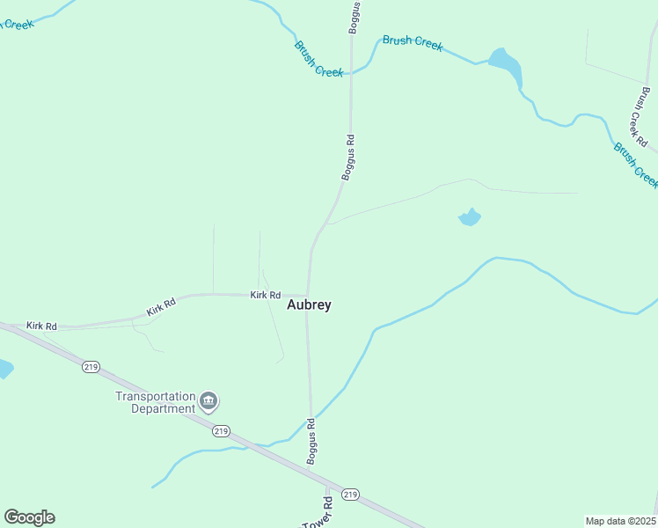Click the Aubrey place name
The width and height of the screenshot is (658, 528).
coord(310,304)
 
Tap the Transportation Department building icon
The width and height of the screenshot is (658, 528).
coord(208,402)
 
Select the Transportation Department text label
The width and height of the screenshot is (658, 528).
coord(155,402)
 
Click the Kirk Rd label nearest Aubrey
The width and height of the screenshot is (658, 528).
coord(265,295)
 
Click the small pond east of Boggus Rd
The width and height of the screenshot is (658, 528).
coord(470,217)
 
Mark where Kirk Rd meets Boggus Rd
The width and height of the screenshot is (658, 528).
coord(308,295)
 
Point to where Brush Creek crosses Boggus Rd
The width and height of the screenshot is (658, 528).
coord(351,74)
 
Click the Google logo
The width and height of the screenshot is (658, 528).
coord(29,517)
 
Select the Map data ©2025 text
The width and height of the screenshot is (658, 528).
coord(620,521)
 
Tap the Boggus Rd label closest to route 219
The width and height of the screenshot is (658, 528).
coord(311,442)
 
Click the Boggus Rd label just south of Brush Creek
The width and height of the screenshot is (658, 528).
coord(348,158)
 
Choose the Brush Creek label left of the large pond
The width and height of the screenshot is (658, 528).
coord(413,42)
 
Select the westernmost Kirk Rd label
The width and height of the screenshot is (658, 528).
coord(41,326)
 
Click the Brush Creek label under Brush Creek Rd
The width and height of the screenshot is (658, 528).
coord(637,165)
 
